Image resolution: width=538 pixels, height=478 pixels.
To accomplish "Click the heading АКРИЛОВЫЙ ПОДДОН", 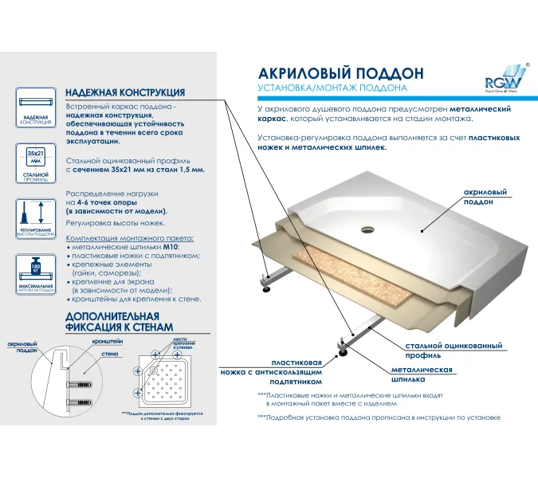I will pyautogui.click(x=331, y=72).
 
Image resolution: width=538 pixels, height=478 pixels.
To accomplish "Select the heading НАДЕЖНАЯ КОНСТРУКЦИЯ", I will pyautogui.click(x=125, y=92).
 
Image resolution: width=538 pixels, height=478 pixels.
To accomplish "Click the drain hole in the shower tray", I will pyautogui.click(x=367, y=229).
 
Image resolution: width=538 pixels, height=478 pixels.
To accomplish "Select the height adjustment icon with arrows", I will pyautogui.click(x=33, y=216).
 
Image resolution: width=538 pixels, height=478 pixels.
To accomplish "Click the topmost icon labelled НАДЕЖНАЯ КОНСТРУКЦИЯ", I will pyautogui.click(x=33, y=108).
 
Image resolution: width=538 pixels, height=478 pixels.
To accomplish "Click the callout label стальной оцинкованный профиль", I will pyautogui.click(x=454, y=351).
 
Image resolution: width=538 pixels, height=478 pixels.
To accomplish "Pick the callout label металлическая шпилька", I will pyautogui.click(x=422, y=375).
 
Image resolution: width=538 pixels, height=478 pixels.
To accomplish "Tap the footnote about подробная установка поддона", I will pyautogui.click(x=379, y=417).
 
